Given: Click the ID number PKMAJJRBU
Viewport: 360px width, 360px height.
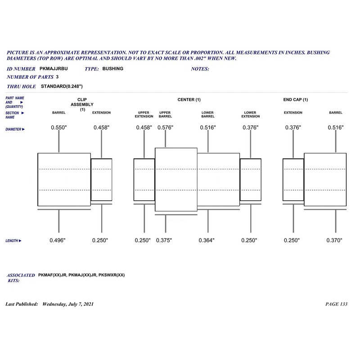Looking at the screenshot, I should (54, 69).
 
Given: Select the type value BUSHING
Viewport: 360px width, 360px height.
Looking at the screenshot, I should (112, 69).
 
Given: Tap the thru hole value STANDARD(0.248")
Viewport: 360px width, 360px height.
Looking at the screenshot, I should (62, 85).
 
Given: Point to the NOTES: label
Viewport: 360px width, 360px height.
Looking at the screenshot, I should (200, 69).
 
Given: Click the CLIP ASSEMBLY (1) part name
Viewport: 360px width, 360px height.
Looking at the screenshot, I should (82, 104).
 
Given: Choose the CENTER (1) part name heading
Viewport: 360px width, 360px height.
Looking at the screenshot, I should (189, 99).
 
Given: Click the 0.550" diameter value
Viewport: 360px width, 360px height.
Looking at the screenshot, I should (59, 128).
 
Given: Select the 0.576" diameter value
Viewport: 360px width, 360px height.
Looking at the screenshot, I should (166, 128).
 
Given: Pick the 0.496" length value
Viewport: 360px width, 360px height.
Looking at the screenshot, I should (58, 240).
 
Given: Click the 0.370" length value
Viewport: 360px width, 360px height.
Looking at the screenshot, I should (335, 240).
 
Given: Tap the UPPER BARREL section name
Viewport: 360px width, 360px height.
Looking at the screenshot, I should (165, 114).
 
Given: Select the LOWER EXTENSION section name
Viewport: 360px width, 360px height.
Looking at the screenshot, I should (250, 114).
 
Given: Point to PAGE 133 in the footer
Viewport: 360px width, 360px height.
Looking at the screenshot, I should (336, 304).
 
